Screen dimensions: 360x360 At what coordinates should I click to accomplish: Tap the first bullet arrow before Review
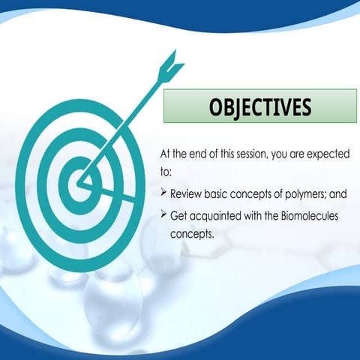(x=164, y=193)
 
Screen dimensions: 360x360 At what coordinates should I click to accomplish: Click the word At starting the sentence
(x=167, y=154)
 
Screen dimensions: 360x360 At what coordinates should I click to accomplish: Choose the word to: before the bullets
(x=166, y=172)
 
